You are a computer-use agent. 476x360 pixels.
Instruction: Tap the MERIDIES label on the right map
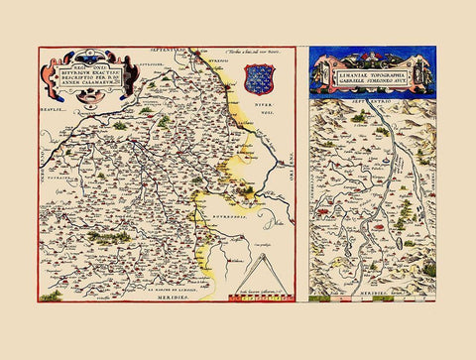(371, 295)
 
